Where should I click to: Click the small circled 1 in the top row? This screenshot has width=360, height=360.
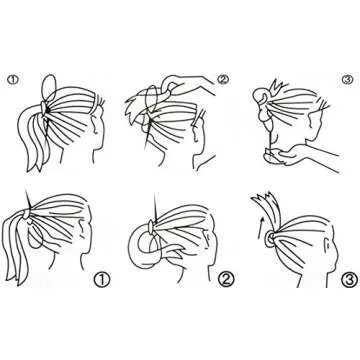(x=11, y=80)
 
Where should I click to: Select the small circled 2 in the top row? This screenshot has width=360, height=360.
(x=223, y=79)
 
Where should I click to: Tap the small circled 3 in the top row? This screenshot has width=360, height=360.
(x=347, y=79)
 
